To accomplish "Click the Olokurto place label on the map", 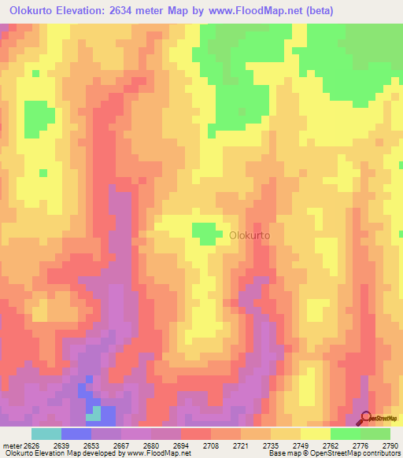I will (x=250, y=235).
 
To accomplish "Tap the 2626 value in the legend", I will (x=31, y=445).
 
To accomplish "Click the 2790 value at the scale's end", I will (x=390, y=445).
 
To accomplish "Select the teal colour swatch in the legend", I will (x=46, y=434).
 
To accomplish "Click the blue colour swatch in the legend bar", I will (x=76, y=434).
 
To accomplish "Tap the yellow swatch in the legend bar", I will (x=316, y=434).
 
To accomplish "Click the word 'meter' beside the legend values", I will (x=10, y=445).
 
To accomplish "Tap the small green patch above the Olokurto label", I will (x=205, y=232).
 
